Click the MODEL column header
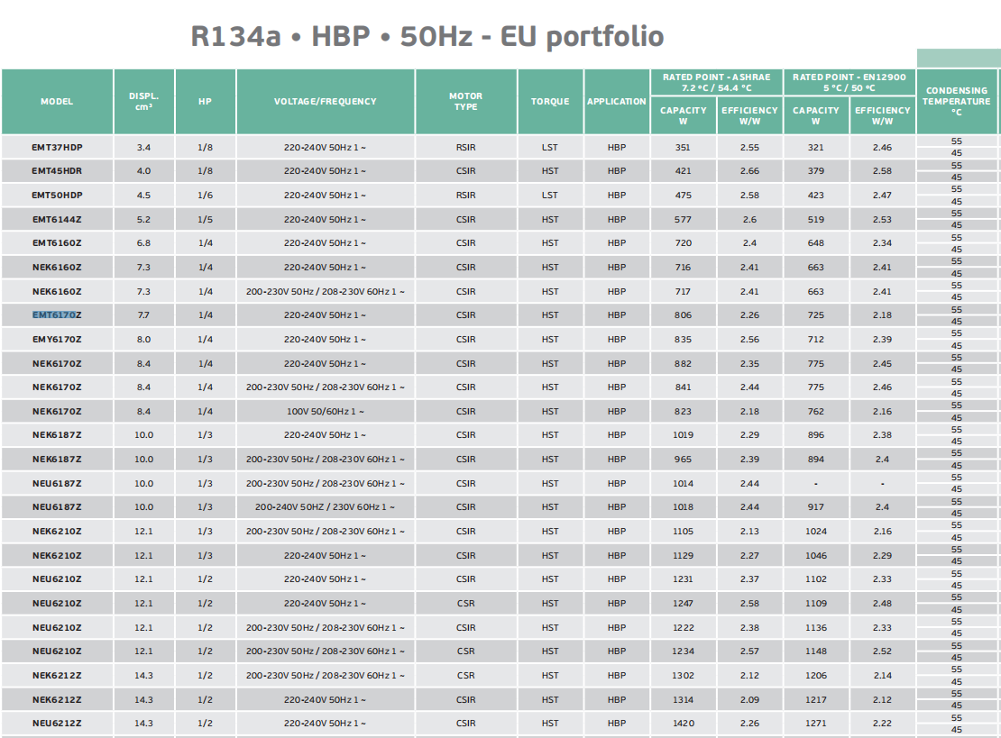tap(57, 102)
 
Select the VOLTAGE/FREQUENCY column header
tap(325, 102)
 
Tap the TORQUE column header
tap(550, 102)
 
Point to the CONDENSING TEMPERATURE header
tap(956, 102)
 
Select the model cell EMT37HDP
tap(57, 147)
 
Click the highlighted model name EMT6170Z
tap(57, 315)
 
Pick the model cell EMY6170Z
tap(57, 340)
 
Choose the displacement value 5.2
tap(144, 219)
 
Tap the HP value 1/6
tap(206, 196)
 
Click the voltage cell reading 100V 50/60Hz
tap(325, 412)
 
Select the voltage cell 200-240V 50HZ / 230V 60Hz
tap(325, 507)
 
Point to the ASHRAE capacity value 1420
tap(683, 724)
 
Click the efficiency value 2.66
tap(749, 171)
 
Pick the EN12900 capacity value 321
tap(816, 147)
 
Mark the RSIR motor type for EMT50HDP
tap(466, 196)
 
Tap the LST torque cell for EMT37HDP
tap(550, 147)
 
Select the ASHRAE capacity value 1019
tap(683, 435)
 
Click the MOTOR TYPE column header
tap(466, 102)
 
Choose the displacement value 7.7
tap(144, 315)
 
